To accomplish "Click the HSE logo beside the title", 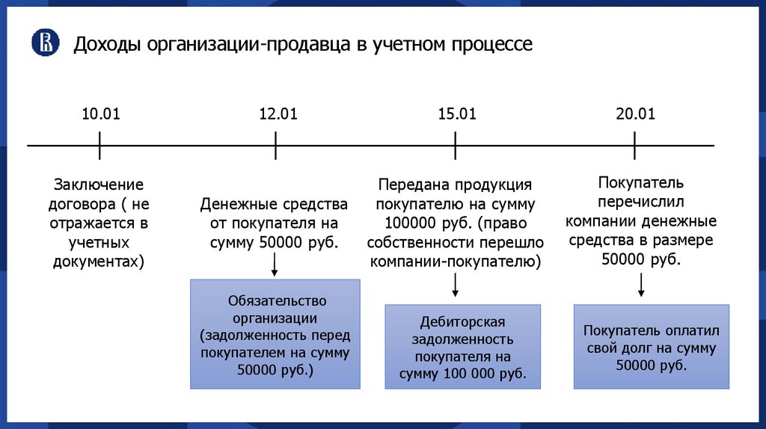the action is pyautogui.click(x=45, y=43).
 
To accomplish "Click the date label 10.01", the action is pyautogui.click(x=100, y=114).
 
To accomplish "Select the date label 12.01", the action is pyautogui.click(x=278, y=114).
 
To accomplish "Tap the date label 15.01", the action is pyautogui.click(x=457, y=114).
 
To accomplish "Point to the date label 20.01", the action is pyautogui.click(x=635, y=114).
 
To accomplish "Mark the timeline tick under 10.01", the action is pyautogui.click(x=99, y=145).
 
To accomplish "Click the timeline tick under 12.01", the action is pyautogui.click(x=276, y=145).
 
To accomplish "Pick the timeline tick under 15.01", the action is pyautogui.click(x=455, y=145).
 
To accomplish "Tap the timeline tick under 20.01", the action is pyautogui.click(x=634, y=145).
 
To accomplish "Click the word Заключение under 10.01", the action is pyautogui.click(x=98, y=185).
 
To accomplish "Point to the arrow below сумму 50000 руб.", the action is pyautogui.click(x=275, y=263).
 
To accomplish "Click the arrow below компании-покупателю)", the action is pyautogui.click(x=455, y=286).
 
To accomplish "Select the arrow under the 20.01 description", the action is pyautogui.click(x=641, y=286).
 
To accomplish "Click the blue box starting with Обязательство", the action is pyautogui.click(x=275, y=334).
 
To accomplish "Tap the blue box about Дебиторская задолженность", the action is pyautogui.click(x=462, y=346).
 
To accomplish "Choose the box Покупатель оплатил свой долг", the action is pyautogui.click(x=651, y=346).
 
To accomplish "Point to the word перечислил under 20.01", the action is pyautogui.click(x=641, y=202).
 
